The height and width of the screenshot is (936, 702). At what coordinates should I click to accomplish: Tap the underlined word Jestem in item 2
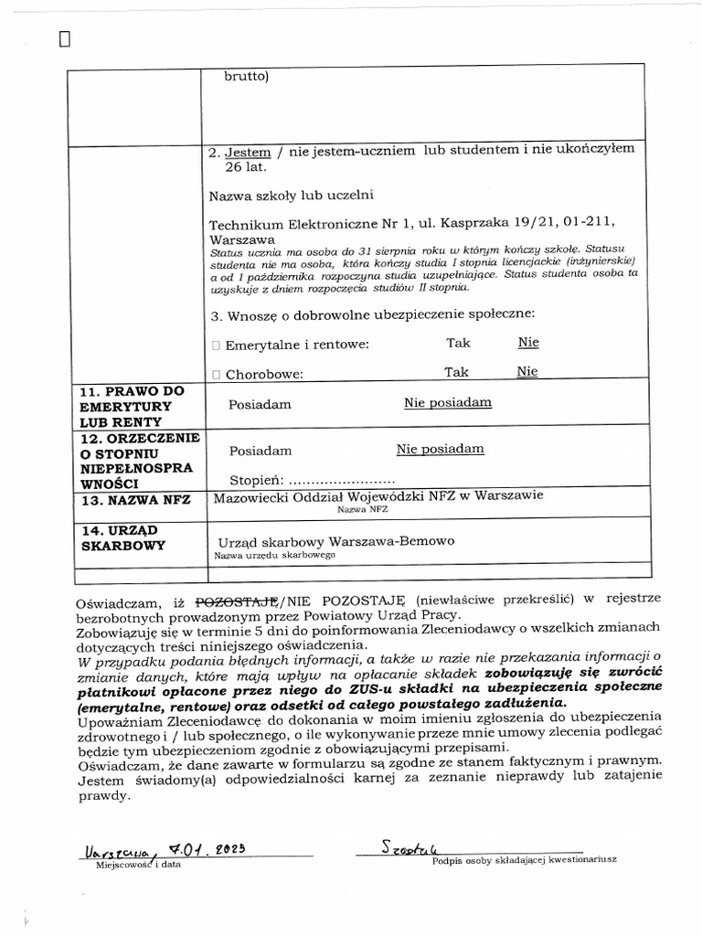248,151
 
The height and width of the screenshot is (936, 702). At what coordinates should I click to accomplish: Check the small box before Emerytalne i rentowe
216,345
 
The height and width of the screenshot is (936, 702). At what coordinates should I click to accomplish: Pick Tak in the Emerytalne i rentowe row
458,343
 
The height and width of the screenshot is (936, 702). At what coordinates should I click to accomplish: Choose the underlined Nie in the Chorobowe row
527,372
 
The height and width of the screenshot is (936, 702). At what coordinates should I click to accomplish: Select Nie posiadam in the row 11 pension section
448,402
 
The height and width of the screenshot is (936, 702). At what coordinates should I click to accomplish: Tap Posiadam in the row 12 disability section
261,450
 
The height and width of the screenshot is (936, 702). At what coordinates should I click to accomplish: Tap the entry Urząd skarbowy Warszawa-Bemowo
335,541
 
